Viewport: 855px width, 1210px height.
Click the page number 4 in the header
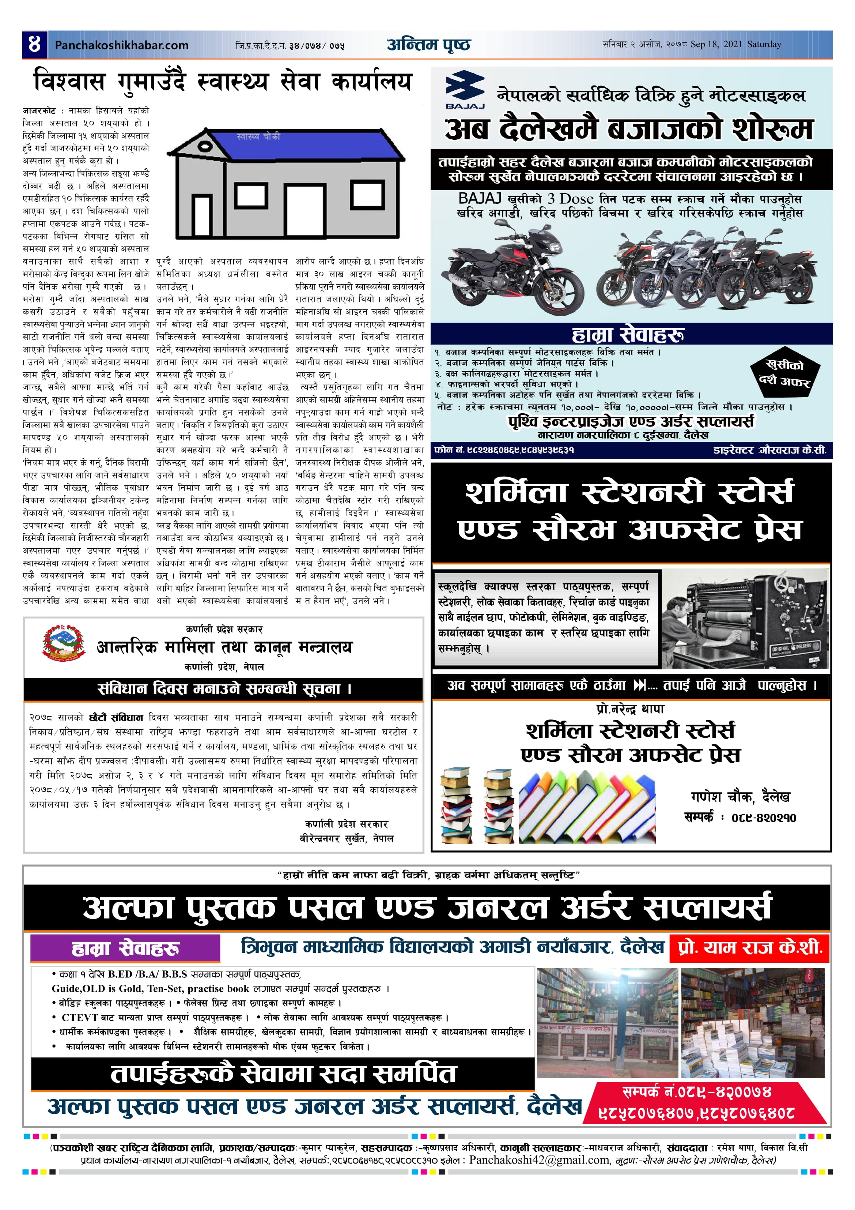click(34, 44)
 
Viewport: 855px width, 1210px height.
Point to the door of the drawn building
click(304, 209)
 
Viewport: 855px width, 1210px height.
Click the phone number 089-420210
click(763, 818)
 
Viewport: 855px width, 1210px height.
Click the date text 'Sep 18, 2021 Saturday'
click(735, 44)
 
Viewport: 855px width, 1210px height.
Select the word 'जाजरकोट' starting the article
click(39, 111)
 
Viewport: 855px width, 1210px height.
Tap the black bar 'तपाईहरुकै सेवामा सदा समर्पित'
click(283, 1074)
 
